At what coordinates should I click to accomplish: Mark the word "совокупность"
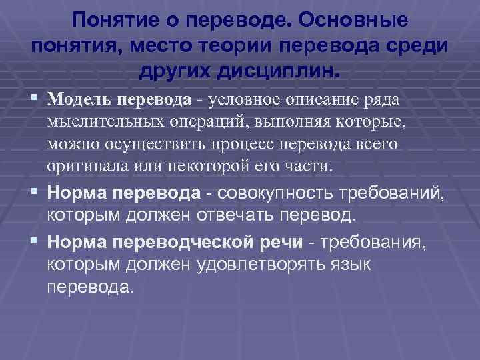[262, 193]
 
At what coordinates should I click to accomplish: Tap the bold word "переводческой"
[173, 241]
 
